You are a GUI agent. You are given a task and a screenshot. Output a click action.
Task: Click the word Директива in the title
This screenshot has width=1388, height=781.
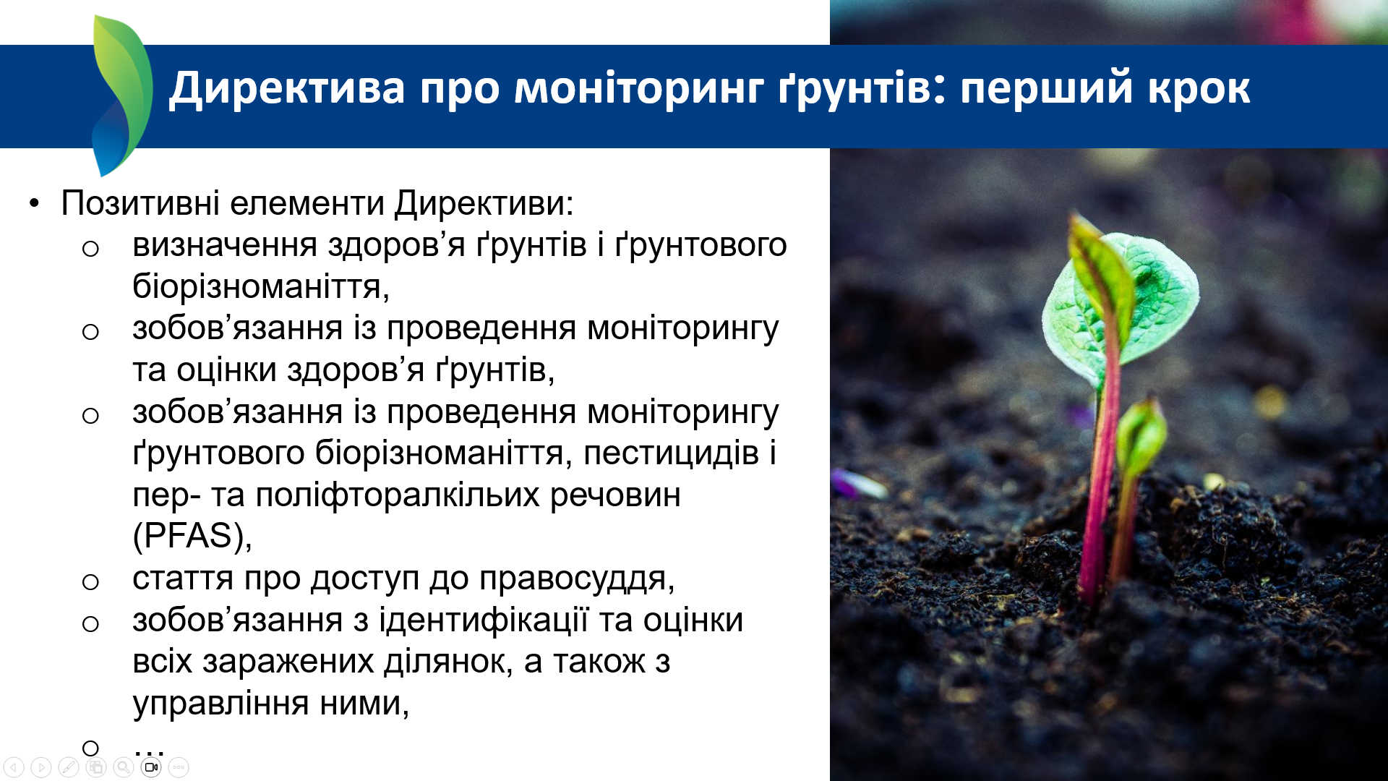point(287,89)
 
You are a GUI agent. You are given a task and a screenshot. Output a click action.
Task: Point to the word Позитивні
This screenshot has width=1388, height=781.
point(140,202)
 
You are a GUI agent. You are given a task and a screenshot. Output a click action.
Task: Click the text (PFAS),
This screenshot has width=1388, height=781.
point(192,537)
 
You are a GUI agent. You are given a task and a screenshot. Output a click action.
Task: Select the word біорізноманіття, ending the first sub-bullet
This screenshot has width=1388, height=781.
point(261,287)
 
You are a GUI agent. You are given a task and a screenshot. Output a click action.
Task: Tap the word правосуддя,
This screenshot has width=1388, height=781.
point(577,579)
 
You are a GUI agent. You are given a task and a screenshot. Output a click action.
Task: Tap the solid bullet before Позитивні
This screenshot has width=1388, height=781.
point(35,203)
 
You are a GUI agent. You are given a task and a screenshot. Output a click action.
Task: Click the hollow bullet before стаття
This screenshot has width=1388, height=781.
point(90,581)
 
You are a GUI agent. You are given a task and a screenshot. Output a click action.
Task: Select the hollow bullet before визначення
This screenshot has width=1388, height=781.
point(90,249)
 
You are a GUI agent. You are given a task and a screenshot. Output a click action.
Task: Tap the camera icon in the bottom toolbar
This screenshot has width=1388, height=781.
point(151,767)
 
